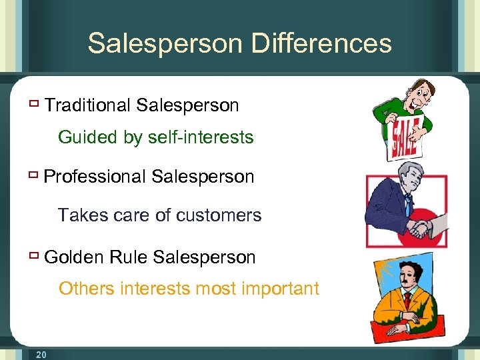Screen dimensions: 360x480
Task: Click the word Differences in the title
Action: coord(321,43)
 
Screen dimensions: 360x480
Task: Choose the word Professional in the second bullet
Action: coord(95,177)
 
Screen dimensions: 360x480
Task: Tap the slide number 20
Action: coord(41,355)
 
